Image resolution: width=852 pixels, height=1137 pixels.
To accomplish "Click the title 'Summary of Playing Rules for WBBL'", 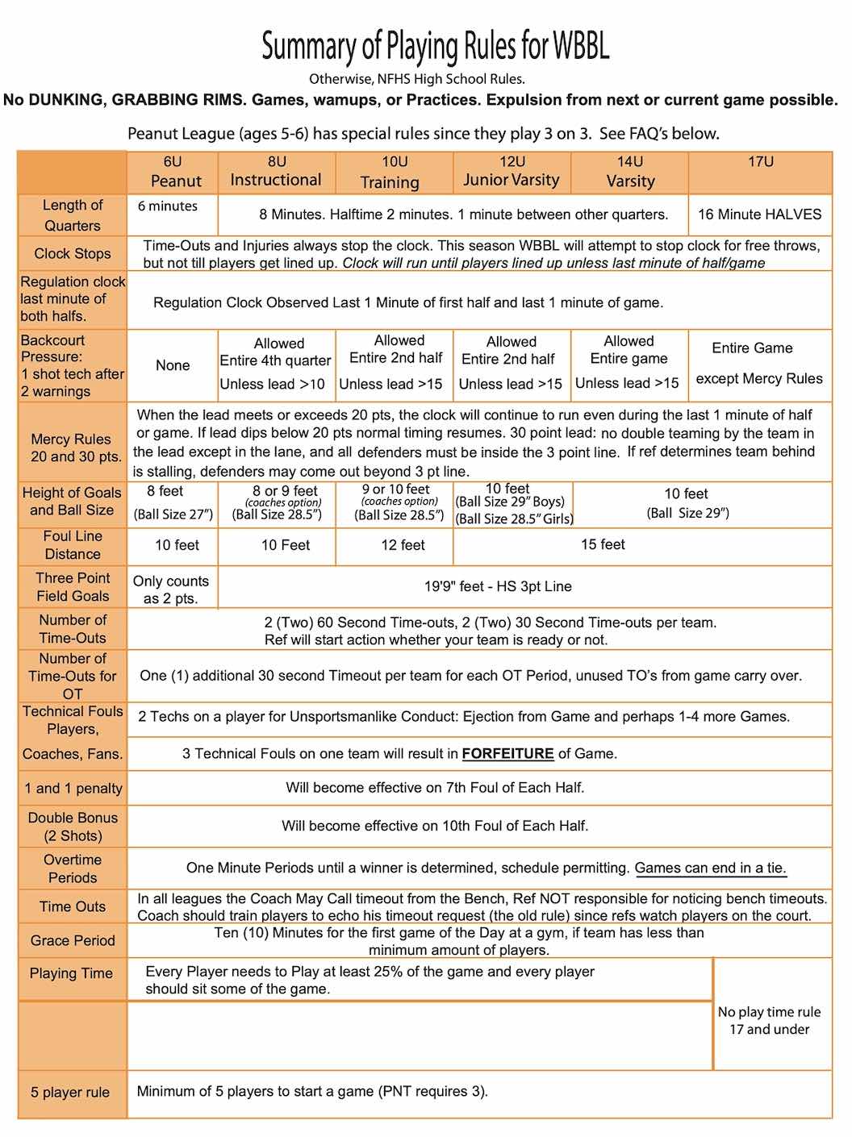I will click(x=435, y=47).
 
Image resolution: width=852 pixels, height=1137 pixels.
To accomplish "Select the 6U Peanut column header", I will click(x=173, y=172).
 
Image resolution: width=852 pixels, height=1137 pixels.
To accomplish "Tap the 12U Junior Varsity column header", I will click(x=512, y=172).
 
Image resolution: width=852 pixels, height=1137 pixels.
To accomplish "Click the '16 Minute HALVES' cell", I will click(x=759, y=214).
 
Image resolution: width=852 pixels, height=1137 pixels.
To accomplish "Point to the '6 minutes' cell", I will click(x=168, y=206).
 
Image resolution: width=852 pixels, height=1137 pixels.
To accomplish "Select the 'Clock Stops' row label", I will click(x=73, y=253).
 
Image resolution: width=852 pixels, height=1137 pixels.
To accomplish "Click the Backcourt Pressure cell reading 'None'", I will click(x=173, y=365).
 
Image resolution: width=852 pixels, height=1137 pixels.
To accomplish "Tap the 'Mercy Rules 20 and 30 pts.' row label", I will click(x=72, y=448).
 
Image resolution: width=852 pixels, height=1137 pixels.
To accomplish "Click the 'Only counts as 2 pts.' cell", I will click(x=170, y=589).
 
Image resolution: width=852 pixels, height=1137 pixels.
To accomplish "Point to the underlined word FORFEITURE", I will click(x=507, y=754).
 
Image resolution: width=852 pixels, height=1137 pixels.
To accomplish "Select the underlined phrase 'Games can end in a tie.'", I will click(x=710, y=868).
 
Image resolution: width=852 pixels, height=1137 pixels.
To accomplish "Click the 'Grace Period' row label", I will click(x=73, y=940).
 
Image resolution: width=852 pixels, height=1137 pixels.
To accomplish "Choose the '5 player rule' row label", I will click(x=70, y=1093).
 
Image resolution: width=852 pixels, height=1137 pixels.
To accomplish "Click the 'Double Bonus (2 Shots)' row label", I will click(x=73, y=827).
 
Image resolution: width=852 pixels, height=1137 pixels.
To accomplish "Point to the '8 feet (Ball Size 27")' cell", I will click(x=173, y=502).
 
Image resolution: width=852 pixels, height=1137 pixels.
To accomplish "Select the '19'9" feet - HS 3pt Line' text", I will click(x=498, y=586).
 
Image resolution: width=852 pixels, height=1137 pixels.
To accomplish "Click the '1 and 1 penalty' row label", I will click(x=73, y=788).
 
